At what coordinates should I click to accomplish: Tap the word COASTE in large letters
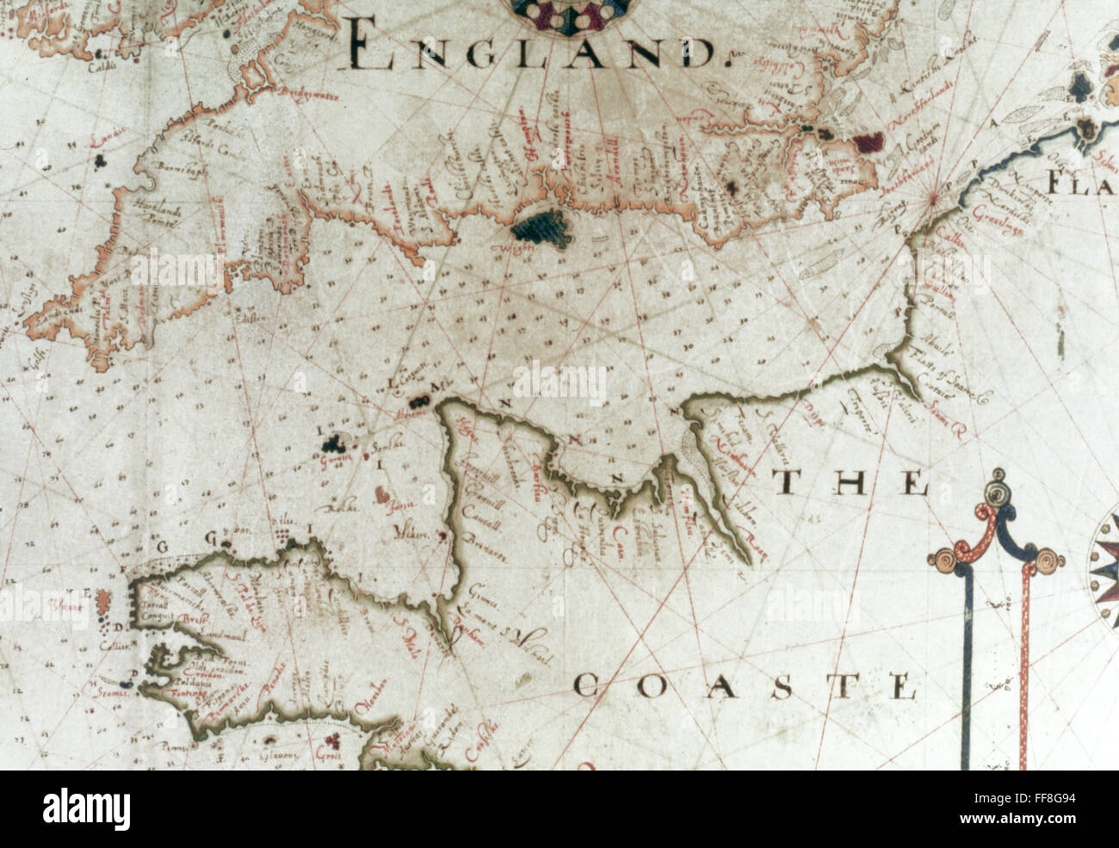click(x=744, y=686)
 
